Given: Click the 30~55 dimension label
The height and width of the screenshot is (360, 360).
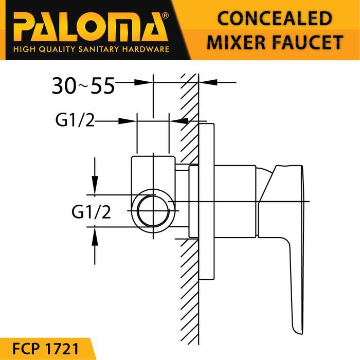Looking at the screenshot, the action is click(83, 86).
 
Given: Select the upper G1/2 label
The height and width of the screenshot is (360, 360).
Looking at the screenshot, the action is click(74, 121).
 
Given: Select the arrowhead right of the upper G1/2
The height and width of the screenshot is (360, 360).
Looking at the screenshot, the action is click(129, 121).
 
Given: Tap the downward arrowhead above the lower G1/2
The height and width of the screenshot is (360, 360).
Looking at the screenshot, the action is click(95, 188).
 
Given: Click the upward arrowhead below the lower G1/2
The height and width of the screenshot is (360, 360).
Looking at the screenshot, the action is click(95, 236).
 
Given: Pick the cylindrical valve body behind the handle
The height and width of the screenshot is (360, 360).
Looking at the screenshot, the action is click(234, 202).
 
